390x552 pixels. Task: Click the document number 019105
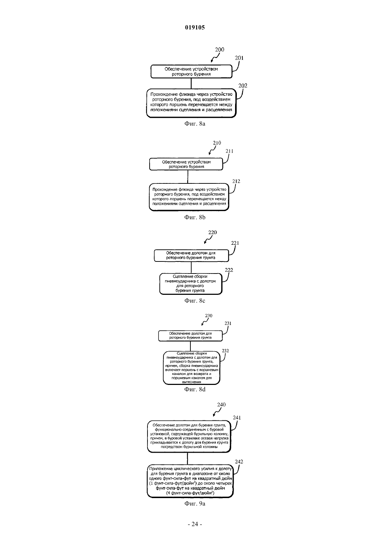click(195, 27)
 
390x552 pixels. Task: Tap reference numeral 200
click(219, 50)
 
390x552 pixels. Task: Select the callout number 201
click(239, 58)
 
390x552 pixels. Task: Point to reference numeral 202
click(243, 85)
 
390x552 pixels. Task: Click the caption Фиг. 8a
click(195, 124)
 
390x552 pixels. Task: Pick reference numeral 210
click(217, 143)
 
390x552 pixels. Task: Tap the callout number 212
click(236, 181)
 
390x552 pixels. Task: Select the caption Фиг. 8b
click(195, 217)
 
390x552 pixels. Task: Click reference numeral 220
click(212, 232)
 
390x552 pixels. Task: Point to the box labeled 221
click(191, 255)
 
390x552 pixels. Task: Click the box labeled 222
click(191, 284)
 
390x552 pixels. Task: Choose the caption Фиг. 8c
click(195, 300)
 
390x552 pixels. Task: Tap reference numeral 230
click(208, 316)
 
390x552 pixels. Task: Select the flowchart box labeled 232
click(191, 368)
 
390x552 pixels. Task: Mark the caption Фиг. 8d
click(195, 390)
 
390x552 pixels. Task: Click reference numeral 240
click(221, 404)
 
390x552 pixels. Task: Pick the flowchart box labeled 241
click(189, 436)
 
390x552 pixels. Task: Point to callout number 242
click(239, 462)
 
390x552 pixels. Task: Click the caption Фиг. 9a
click(195, 503)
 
